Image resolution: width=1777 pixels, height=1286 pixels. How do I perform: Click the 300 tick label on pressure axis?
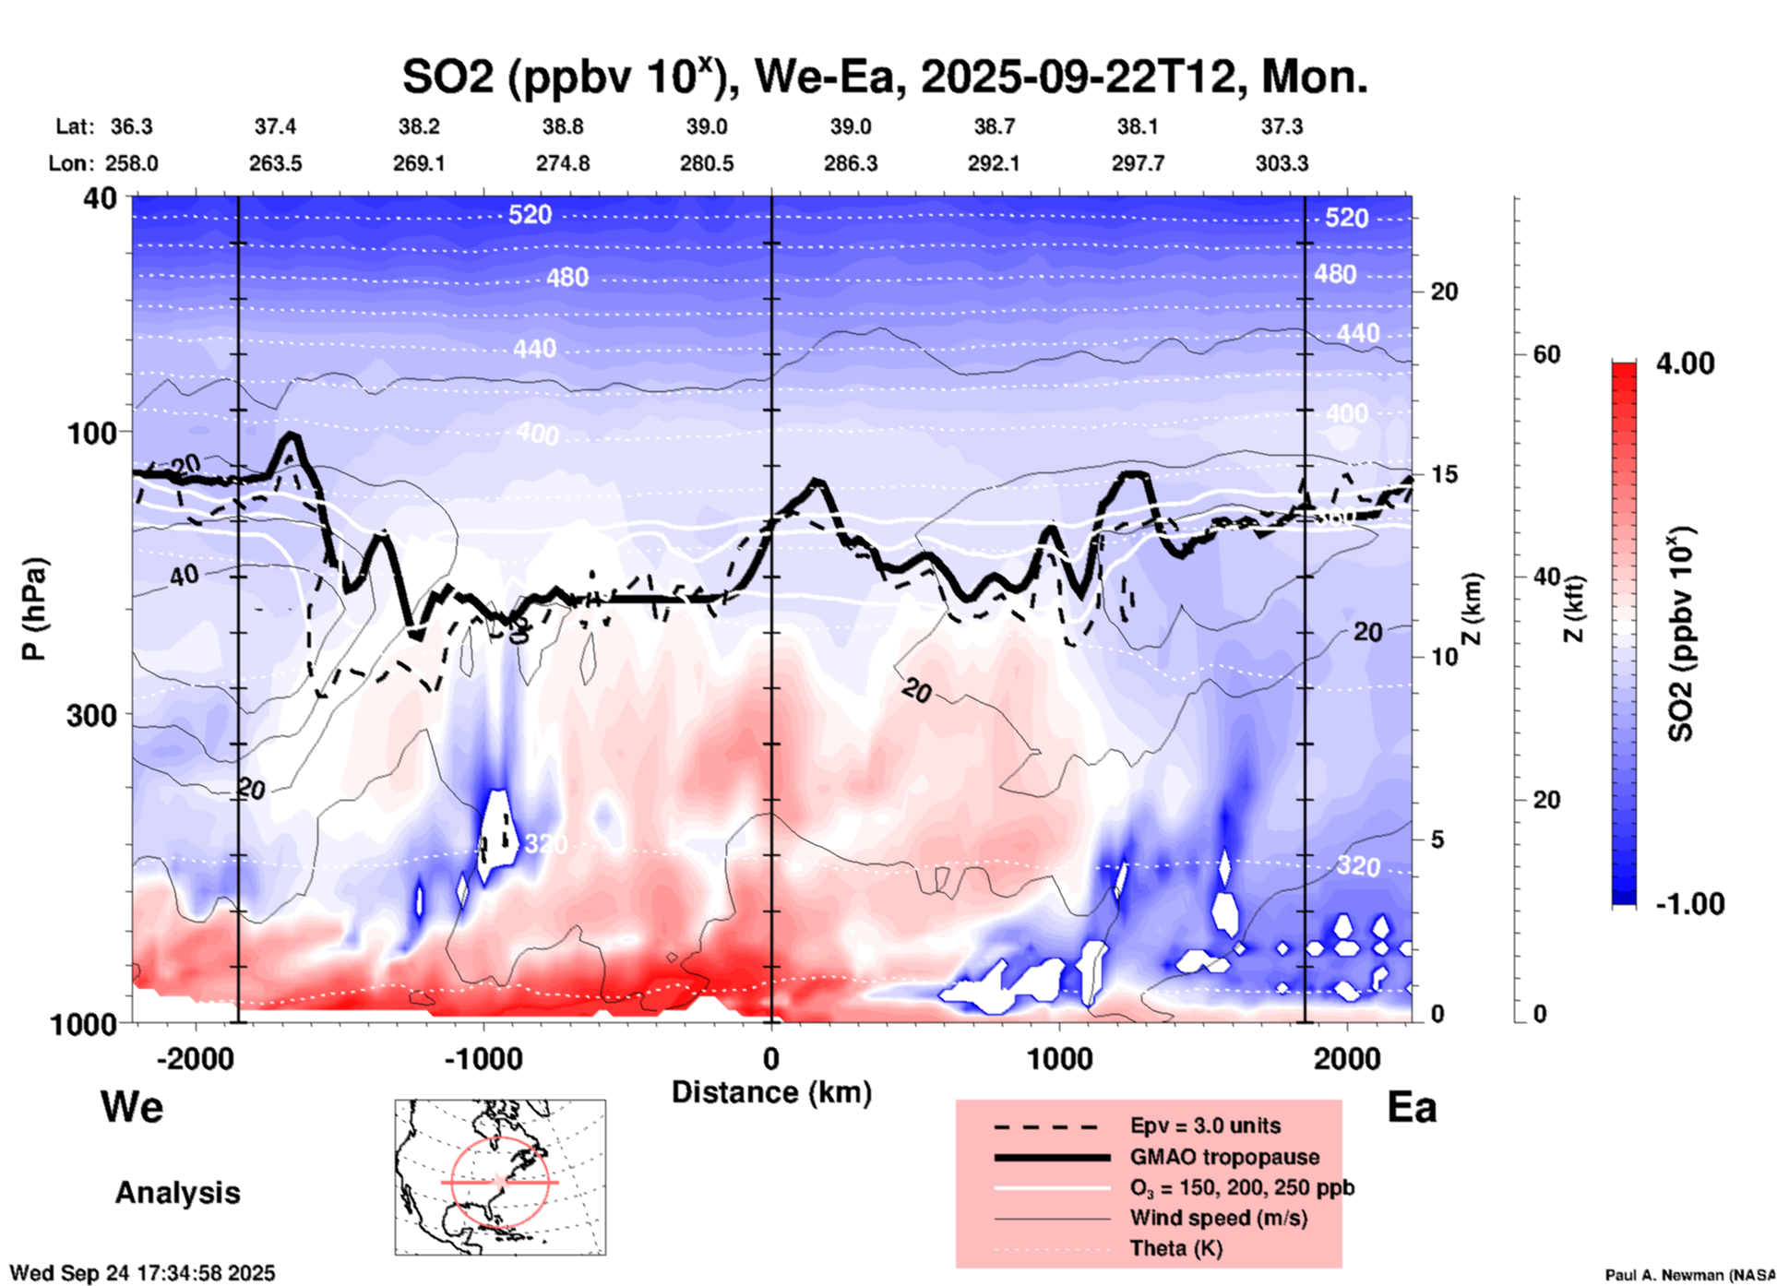coord(92,715)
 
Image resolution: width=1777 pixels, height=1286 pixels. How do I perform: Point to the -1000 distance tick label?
coord(483,1058)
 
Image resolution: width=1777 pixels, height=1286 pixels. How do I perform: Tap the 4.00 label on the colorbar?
coord(1685,363)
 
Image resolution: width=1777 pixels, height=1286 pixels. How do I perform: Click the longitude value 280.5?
coord(707,163)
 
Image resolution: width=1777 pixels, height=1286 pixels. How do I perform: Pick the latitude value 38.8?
coord(563,126)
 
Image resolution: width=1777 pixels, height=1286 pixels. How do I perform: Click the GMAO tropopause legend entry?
coord(1223,1157)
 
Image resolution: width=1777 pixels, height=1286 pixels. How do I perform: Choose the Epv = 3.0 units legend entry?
coord(1204,1125)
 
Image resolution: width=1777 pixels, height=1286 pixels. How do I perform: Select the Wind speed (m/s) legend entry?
coord(1218,1218)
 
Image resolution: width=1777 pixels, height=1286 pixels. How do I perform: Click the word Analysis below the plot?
coord(177,1193)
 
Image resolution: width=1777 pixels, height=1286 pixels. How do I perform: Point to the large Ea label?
coord(1412,1107)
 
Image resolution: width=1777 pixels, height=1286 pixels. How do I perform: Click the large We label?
coord(132,1106)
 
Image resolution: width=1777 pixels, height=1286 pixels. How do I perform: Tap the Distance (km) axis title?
coord(771,1092)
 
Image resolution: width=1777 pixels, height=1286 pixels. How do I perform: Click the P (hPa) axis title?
coord(34,609)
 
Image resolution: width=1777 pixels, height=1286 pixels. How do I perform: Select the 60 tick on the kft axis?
coord(1546,354)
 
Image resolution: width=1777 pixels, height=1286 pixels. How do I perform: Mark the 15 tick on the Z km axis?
coord(1444,474)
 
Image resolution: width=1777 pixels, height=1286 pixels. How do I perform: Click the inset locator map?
coord(500,1177)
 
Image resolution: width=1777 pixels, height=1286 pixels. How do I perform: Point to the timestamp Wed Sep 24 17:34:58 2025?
coord(142,1273)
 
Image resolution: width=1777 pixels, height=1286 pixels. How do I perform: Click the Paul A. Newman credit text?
coord(1689,1275)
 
